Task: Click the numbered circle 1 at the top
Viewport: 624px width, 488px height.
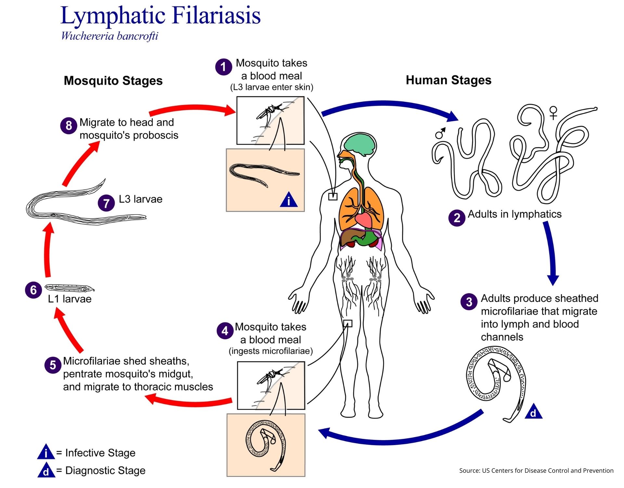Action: click(223, 67)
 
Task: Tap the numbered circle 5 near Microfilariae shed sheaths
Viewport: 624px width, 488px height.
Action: click(53, 365)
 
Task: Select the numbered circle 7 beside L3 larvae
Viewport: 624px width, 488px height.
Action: click(106, 203)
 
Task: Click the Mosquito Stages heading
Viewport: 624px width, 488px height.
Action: click(113, 81)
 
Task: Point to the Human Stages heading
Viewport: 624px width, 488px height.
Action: click(448, 80)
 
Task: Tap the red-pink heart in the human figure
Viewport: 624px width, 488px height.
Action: click(363, 220)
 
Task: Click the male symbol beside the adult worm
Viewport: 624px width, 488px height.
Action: click(440, 133)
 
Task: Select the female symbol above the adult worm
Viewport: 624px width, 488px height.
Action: click(553, 113)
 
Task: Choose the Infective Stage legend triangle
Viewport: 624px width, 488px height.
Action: click(46, 453)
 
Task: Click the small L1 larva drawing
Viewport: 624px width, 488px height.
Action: click(69, 288)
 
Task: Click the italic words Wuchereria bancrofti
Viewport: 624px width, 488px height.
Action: click(110, 36)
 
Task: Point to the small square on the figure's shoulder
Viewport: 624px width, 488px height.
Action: click(332, 197)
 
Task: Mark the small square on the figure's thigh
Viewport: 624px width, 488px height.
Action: click(348, 323)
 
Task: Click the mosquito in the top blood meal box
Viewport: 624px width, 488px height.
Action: click(268, 112)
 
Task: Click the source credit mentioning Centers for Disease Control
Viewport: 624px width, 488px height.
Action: click(536, 470)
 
